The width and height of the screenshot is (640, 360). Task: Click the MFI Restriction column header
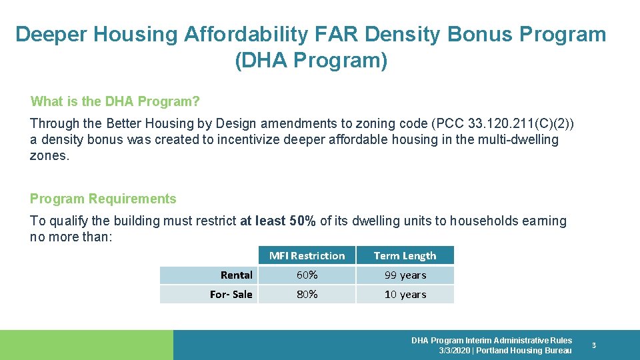[307, 255]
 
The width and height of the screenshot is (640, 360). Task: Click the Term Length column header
[405, 255]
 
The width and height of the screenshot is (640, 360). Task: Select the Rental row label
[236, 275]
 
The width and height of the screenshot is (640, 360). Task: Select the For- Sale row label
[231, 294]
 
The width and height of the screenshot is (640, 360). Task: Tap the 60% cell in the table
[307, 275]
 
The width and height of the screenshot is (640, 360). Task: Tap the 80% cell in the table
[307, 294]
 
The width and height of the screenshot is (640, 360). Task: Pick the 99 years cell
[405, 275]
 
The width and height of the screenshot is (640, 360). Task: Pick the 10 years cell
[405, 294]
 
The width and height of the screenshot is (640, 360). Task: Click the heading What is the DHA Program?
[115, 102]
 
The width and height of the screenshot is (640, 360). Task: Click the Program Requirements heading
[103, 199]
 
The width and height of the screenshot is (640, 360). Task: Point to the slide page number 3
[593, 345]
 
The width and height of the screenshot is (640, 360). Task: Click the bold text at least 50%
[278, 221]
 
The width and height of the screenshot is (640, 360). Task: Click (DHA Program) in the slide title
[311, 61]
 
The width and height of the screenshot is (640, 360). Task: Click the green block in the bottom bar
[87, 345]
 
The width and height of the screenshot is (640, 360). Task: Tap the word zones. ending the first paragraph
[49, 155]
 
